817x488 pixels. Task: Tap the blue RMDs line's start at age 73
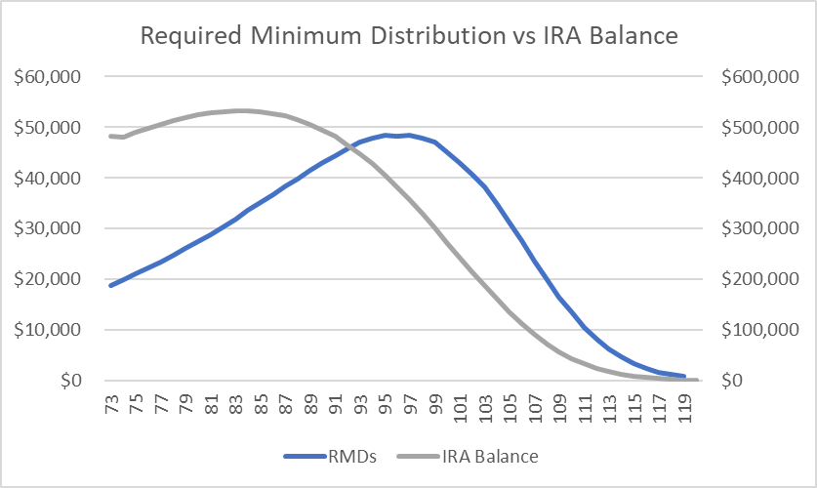pos(111,285)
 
